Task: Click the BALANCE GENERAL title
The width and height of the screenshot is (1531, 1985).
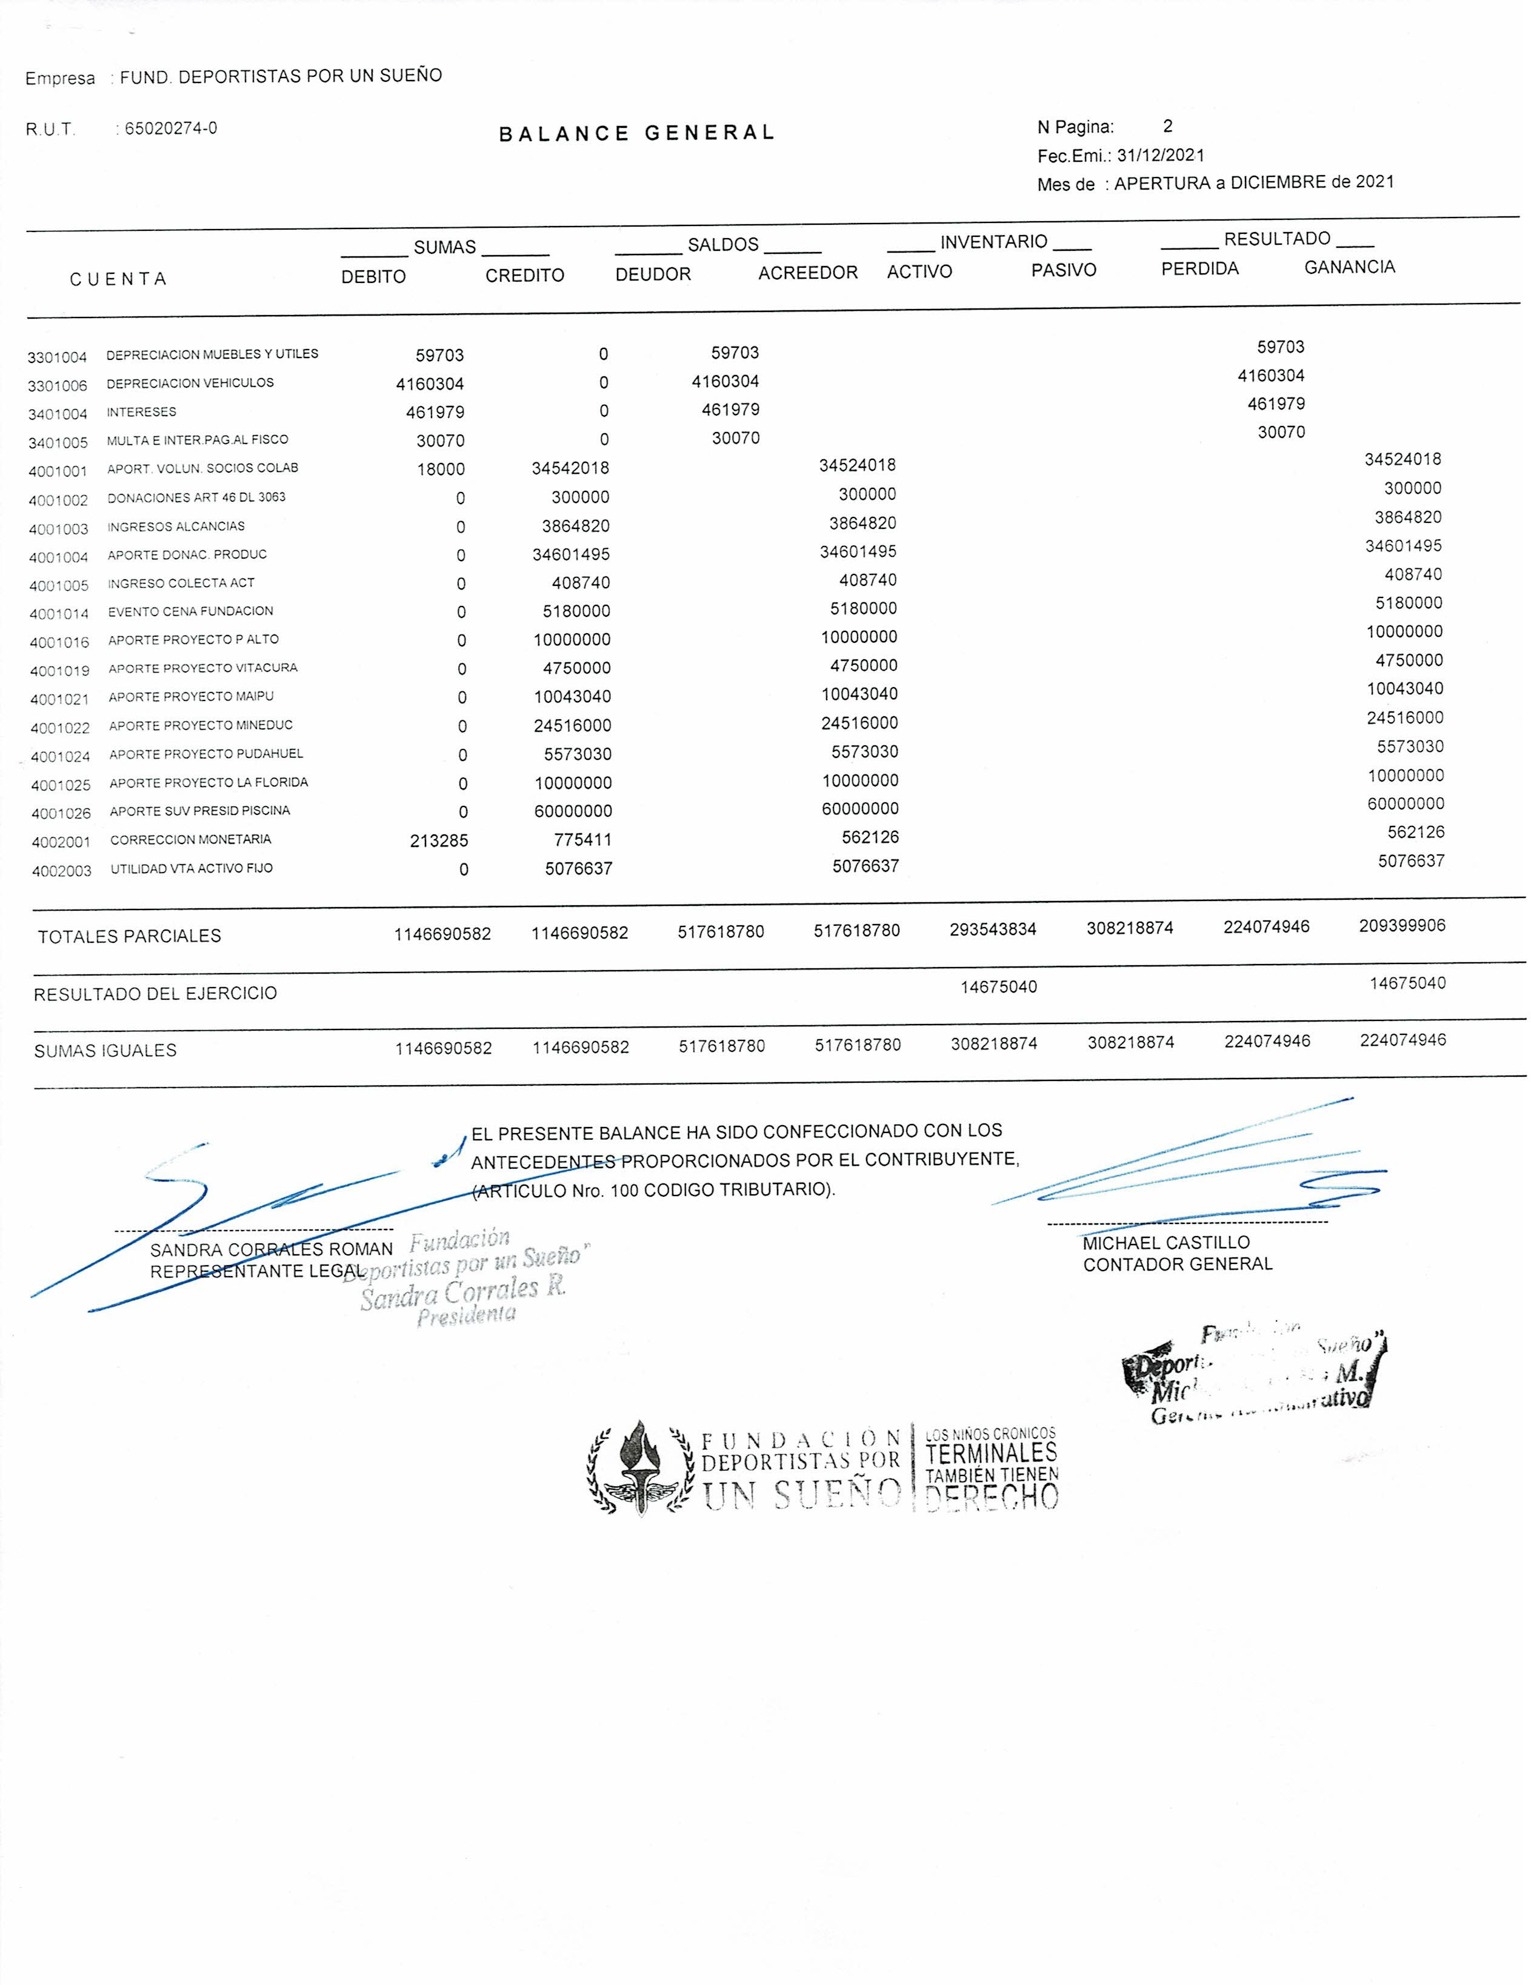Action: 636,133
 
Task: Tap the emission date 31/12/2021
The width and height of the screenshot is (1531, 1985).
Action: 1161,155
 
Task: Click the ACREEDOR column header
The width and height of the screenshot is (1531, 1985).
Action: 807,273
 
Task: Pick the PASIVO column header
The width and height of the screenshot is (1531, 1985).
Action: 1063,270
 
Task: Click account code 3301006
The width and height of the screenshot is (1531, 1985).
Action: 57,385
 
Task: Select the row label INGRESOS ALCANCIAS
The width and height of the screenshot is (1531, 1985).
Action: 176,526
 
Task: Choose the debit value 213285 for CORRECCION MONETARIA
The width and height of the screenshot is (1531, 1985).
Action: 439,841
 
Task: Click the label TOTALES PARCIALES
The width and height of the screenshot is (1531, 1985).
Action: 129,936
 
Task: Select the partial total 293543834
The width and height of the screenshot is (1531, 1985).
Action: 993,929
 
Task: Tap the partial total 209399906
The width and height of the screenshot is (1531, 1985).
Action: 1402,926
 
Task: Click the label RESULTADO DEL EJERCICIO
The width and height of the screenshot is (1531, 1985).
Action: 155,994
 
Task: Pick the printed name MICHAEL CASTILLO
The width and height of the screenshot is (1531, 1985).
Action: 1166,1242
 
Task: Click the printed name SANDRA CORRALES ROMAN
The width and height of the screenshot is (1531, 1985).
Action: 271,1249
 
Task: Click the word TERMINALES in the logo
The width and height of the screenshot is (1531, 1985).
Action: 991,1452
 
